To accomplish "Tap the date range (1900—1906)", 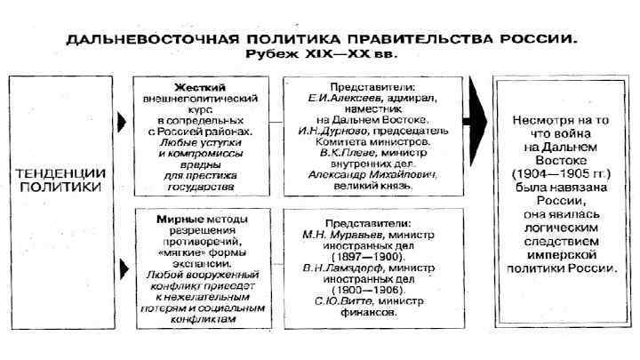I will click(372, 291).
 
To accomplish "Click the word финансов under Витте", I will click(372, 314).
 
